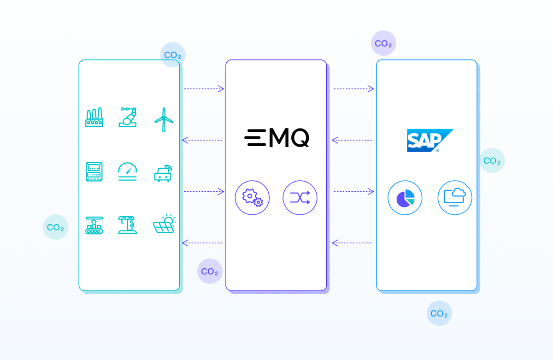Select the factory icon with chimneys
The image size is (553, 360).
pos(94,118)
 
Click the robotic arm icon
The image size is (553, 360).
pos(129,117)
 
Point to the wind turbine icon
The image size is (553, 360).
pos(164,119)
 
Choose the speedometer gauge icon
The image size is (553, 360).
pos(128,171)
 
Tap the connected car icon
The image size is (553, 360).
pos(163,172)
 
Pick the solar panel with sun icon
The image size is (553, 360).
pos(164,224)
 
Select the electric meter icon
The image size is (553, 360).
pos(94,172)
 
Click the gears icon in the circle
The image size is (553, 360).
pos(252,198)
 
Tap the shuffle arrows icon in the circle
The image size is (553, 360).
pos(300,198)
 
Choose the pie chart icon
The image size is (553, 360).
pos(405,198)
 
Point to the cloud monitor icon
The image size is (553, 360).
pos(455,198)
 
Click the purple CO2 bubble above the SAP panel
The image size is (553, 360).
pos(383,43)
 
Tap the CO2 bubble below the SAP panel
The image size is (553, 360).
pos(439,313)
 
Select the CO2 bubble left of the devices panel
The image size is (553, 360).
pos(56,227)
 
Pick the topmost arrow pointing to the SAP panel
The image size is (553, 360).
pos(354,89)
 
